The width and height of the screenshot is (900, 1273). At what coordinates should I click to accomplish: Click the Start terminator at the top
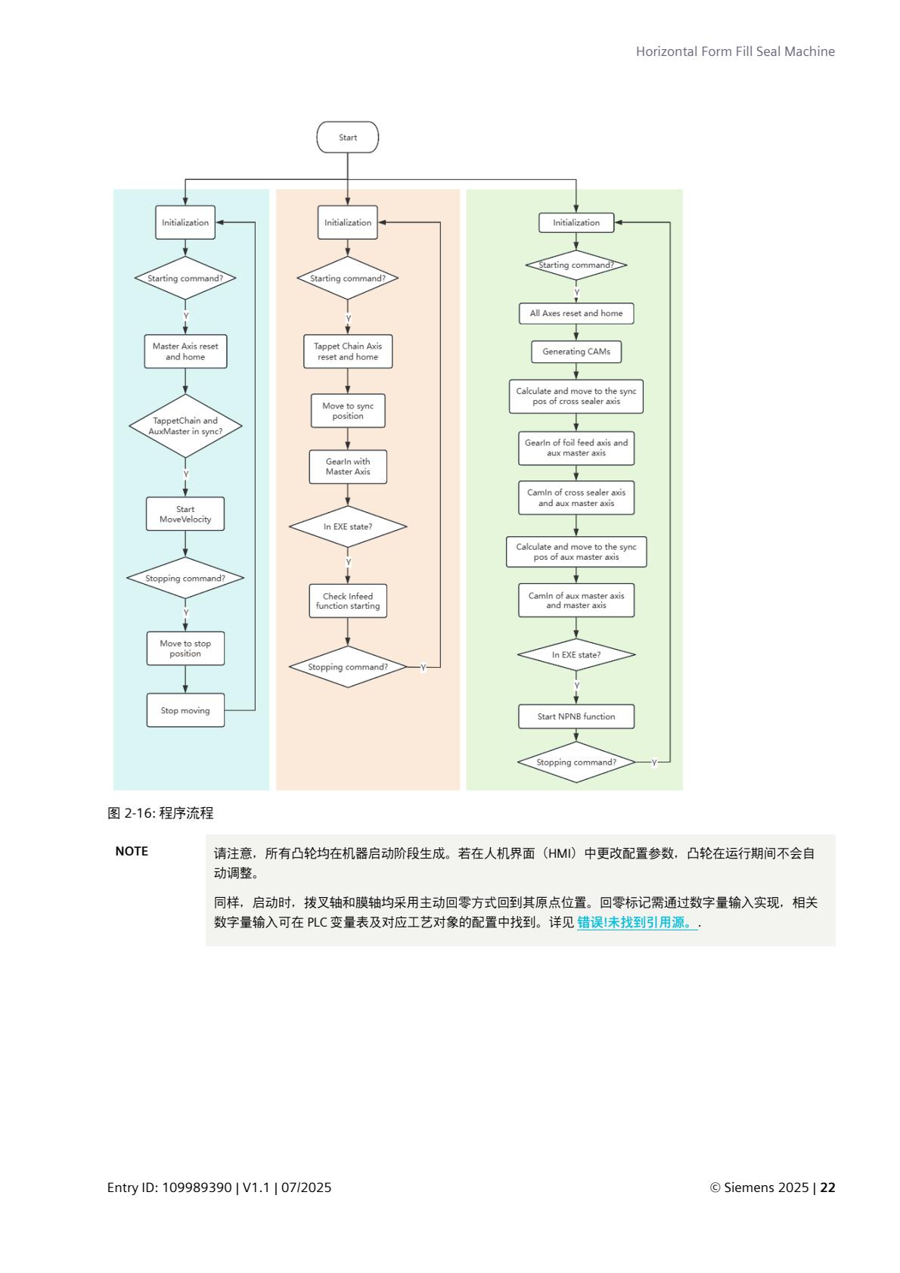pos(347,138)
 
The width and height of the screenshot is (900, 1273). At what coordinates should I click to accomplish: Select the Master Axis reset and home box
pos(185,352)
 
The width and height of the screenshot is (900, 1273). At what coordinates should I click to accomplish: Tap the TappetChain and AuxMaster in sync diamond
pos(185,426)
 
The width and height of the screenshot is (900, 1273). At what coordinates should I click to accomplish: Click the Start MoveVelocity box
pos(185,514)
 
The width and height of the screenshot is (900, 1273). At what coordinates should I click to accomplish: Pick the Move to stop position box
pos(185,649)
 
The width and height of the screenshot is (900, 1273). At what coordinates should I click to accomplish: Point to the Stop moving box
pos(185,711)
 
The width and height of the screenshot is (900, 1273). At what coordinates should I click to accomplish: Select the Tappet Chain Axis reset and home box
pos(348,352)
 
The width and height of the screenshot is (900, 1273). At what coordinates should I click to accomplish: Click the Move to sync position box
pos(348,411)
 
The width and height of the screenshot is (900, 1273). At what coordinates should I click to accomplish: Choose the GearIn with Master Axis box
pos(348,467)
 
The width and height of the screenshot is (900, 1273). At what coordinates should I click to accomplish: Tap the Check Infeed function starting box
pos(348,601)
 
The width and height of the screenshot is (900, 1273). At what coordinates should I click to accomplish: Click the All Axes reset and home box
pos(576,313)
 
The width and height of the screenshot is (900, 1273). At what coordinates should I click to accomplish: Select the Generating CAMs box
pos(576,352)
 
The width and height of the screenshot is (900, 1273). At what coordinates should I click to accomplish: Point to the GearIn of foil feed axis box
pos(576,448)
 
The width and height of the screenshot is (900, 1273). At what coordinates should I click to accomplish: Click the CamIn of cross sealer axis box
pos(576,498)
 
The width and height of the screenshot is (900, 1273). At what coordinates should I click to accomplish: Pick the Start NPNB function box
pos(576,716)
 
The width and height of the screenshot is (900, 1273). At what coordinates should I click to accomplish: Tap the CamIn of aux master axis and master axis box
pos(576,601)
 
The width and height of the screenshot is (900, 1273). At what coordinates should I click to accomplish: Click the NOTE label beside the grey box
pos(132,852)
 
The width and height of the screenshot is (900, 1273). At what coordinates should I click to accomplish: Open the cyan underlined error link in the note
pos(637,923)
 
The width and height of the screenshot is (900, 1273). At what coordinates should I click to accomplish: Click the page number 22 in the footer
pos(827,1188)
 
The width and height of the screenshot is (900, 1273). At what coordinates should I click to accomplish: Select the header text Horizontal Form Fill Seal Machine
pos(735,51)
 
